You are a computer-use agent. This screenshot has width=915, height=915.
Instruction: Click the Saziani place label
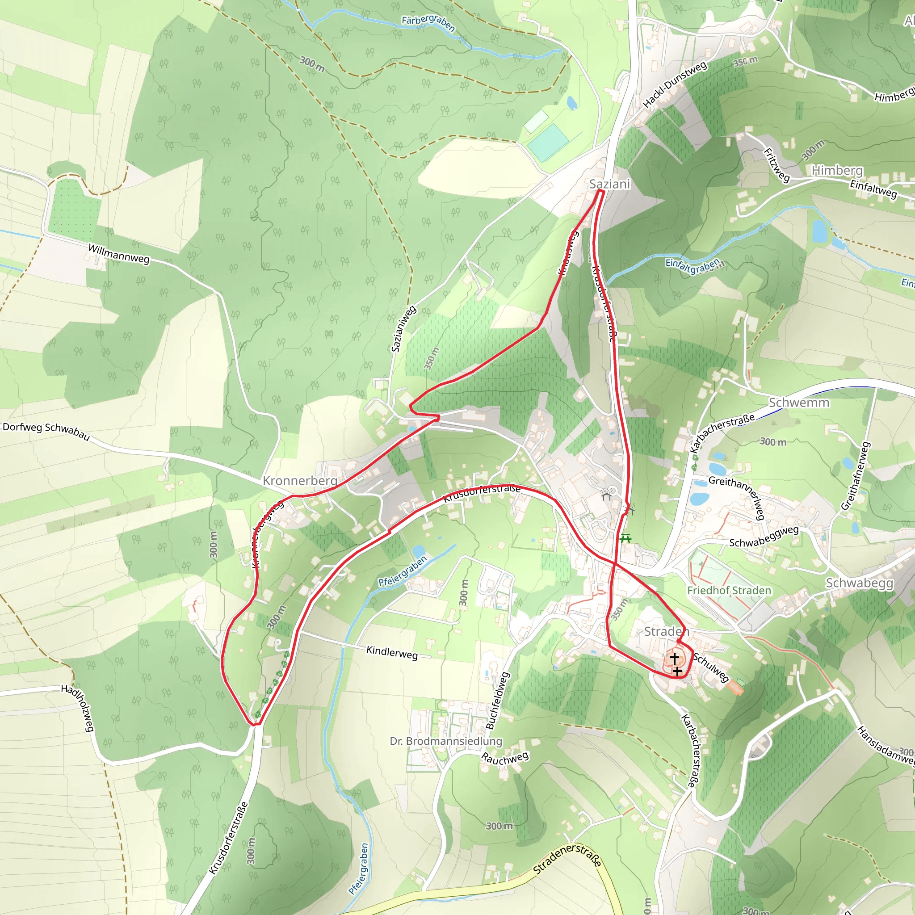tap(609, 184)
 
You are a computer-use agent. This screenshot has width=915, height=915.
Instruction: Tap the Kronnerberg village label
tap(300, 481)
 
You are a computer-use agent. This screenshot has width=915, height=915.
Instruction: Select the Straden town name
tap(666, 631)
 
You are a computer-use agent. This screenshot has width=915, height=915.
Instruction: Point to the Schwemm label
tap(799, 403)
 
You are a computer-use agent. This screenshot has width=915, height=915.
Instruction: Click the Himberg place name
tap(837, 170)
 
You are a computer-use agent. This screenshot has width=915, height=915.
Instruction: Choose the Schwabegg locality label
tap(859, 583)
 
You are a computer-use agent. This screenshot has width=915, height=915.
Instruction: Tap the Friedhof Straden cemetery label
tap(729, 591)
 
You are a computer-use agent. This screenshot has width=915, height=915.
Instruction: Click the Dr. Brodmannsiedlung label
tap(445, 741)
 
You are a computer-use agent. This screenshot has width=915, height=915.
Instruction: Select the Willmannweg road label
tap(119, 253)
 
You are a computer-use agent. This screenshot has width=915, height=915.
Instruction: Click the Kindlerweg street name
tap(392, 653)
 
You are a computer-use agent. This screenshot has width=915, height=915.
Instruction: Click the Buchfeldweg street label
tap(497, 701)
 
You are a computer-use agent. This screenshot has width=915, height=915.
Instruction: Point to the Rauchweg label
tap(505, 758)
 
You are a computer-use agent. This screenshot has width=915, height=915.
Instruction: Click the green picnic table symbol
tap(625, 538)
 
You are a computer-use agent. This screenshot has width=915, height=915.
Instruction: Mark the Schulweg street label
tap(710, 667)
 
